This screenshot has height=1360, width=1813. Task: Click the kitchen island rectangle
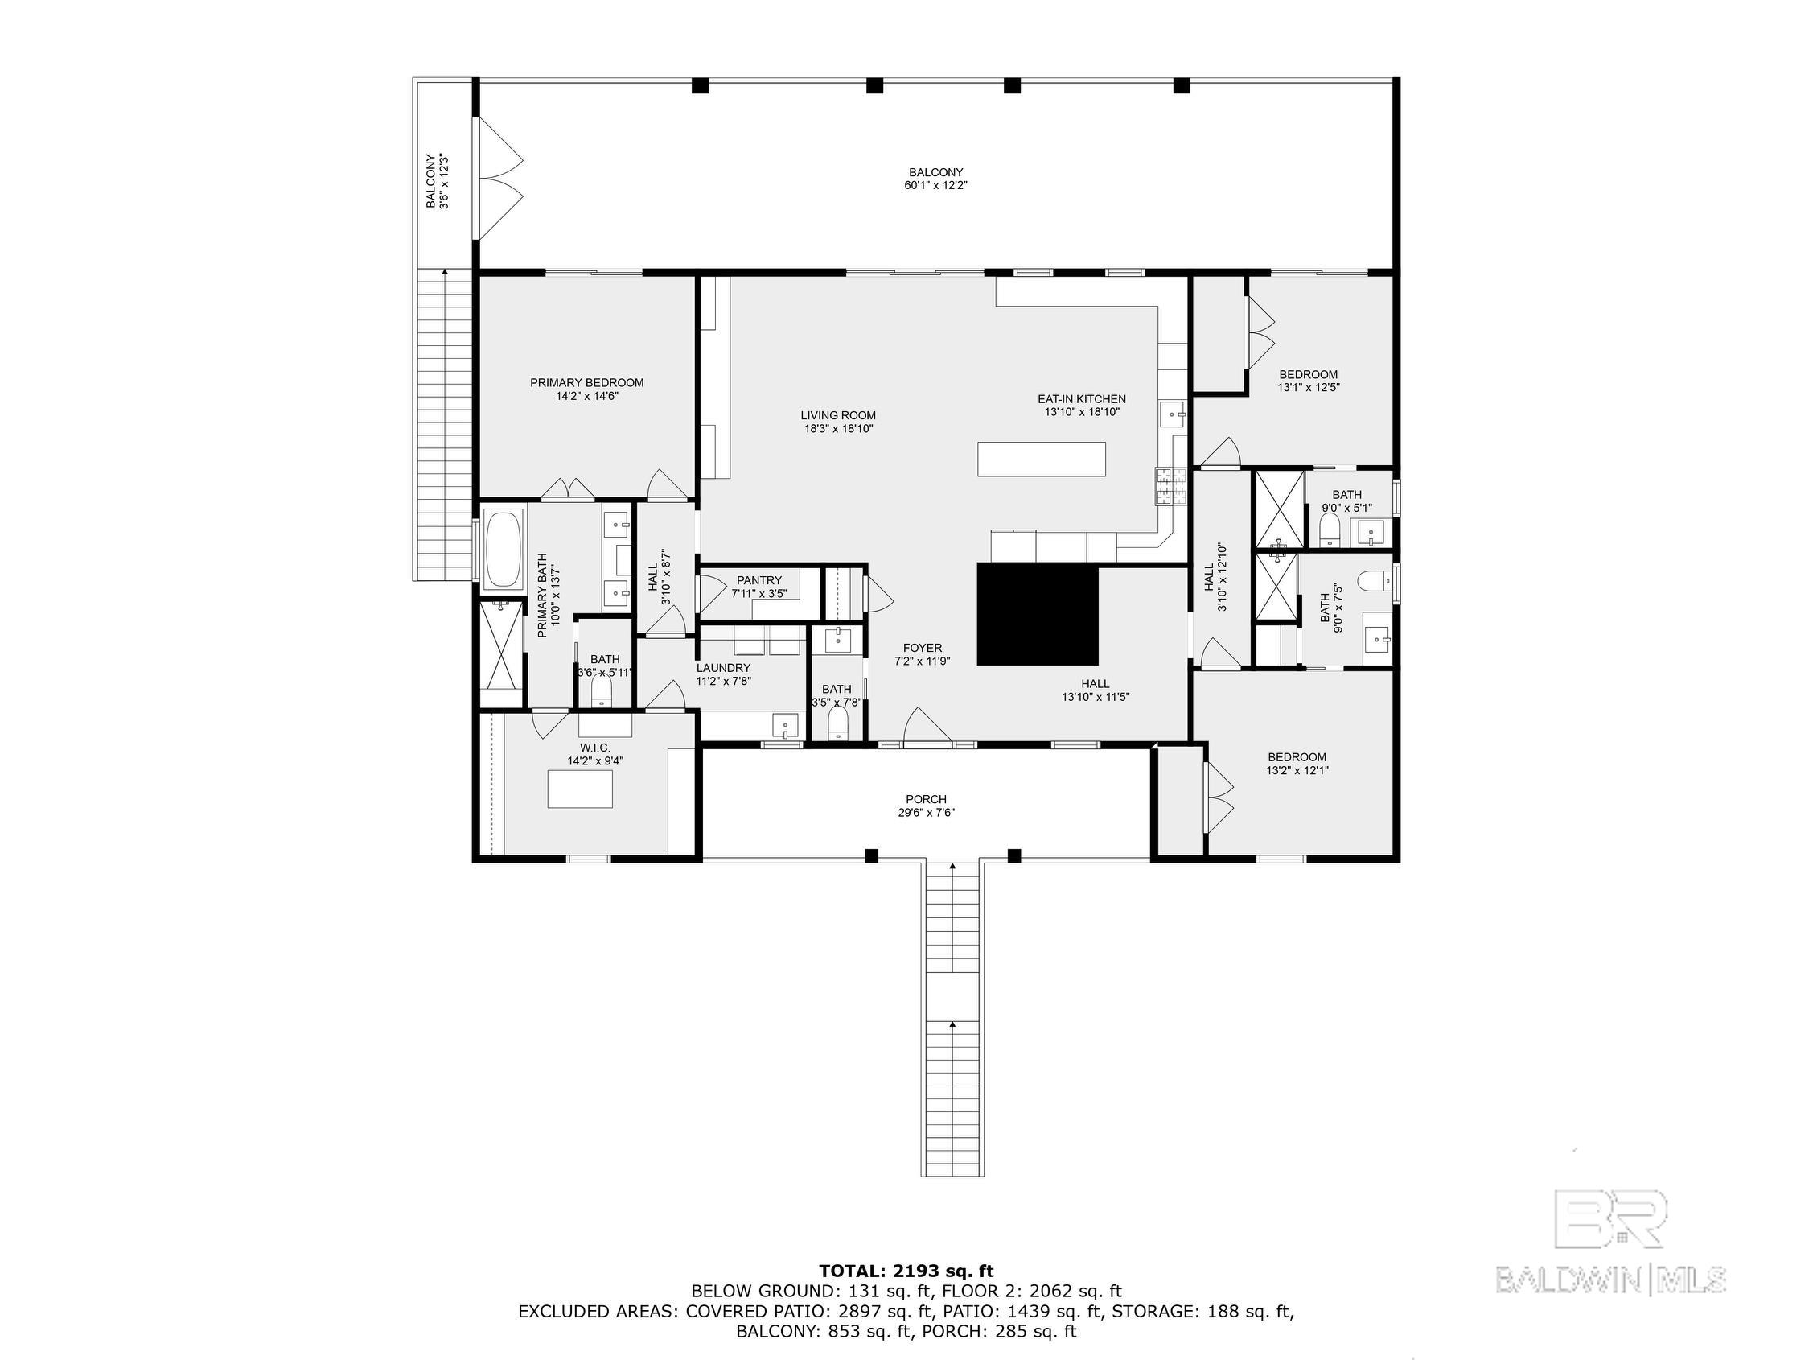click(x=1041, y=459)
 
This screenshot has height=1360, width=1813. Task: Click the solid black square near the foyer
click(x=1037, y=614)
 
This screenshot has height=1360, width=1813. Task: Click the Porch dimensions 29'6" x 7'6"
click(x=926, y=814)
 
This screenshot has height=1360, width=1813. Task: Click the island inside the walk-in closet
click(x=580, y=789)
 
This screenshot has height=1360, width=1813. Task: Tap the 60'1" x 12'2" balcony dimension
click(x=935, y=185)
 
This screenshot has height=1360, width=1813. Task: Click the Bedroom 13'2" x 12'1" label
click(x=1297, y=764)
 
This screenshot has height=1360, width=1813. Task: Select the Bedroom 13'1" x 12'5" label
click(x=1308, y=381)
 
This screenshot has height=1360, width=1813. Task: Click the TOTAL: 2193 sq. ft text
click(x=906, y=1271)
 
